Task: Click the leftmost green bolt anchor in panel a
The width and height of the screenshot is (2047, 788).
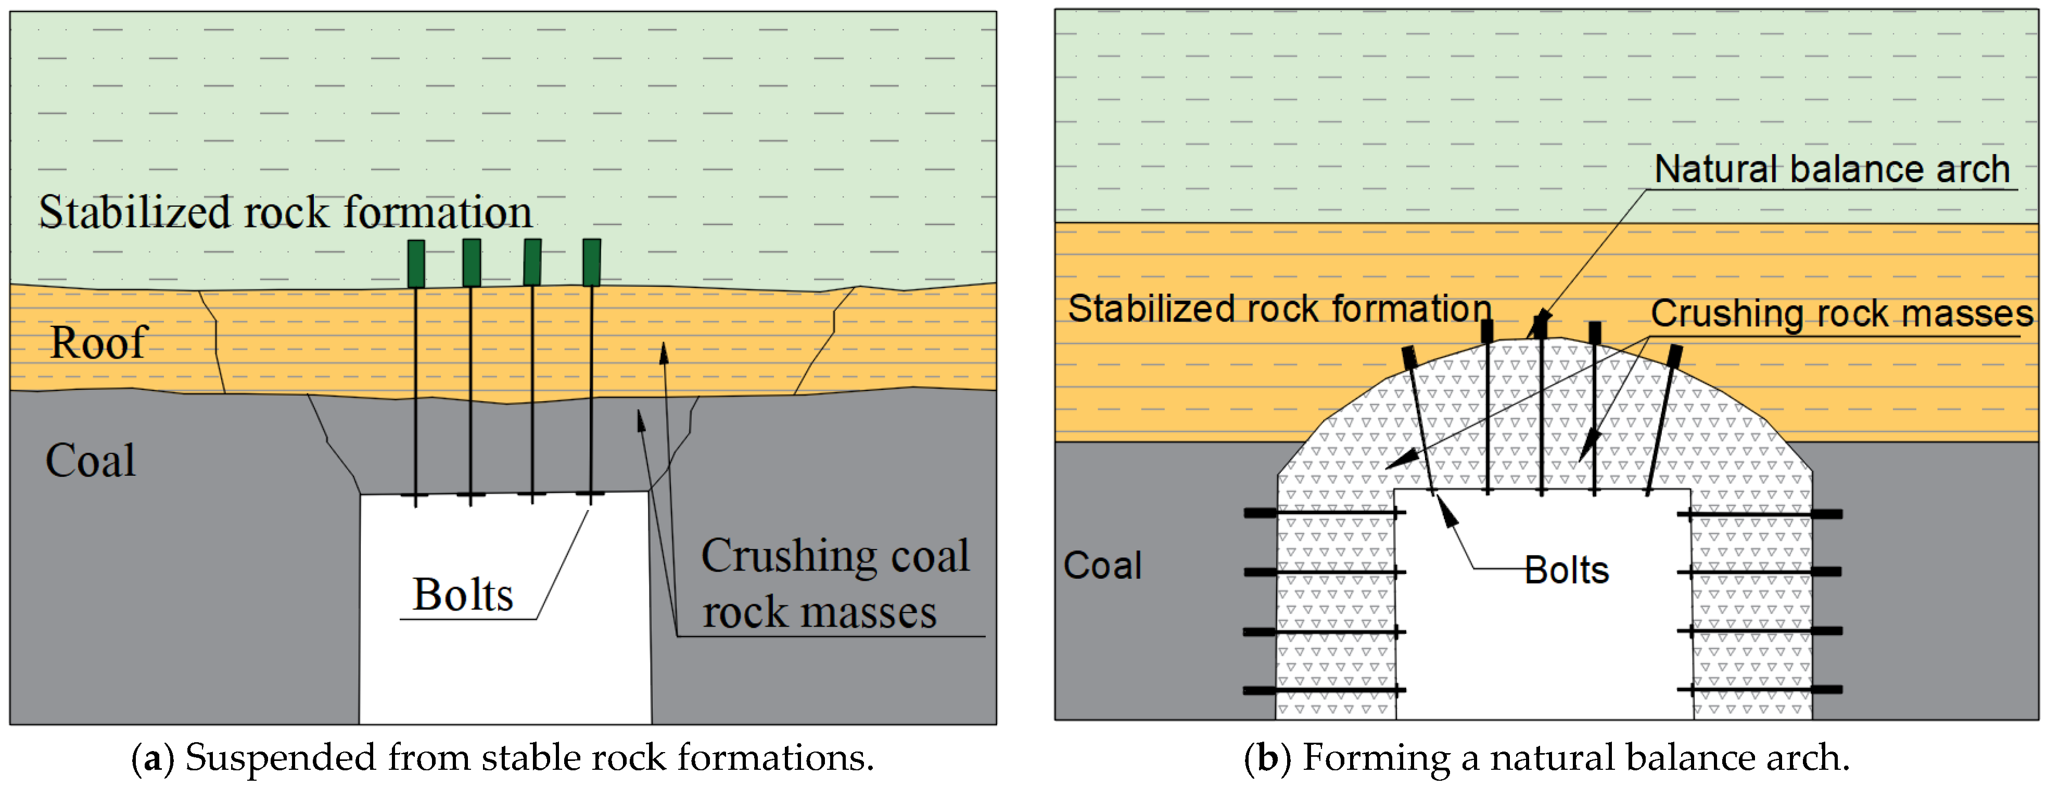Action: click(x=416, y=263)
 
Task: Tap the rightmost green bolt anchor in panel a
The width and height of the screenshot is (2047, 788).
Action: click(x=591, y=262)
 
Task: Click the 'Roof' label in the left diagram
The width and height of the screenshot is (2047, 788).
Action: click(x=98, y=343)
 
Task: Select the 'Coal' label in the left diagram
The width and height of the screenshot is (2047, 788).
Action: click(x=91, y=461)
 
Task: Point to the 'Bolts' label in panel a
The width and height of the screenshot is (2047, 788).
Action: click(x=463, y=595)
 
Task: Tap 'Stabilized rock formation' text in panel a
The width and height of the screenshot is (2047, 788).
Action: click(x=285, y=213)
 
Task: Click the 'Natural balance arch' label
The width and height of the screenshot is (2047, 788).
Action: click(x=1832, y=169)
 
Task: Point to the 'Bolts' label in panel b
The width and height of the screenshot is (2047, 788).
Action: click(x=1566, y=570)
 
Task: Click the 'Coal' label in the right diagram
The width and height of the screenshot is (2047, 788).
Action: click(x=1102, y=566)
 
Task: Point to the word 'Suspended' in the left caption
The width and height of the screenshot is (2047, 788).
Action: click(x=281, y=758)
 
